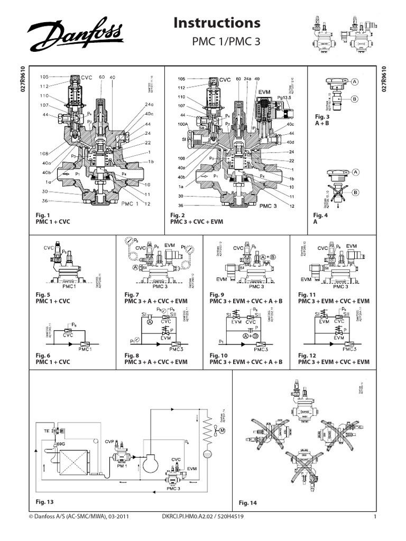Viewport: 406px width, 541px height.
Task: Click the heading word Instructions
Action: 217,23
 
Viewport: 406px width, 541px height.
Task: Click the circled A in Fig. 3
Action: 354,81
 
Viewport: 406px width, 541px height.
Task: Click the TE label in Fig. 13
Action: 45,431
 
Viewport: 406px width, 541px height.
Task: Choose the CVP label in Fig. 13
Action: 109,441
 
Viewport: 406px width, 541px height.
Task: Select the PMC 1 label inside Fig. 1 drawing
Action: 131,202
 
